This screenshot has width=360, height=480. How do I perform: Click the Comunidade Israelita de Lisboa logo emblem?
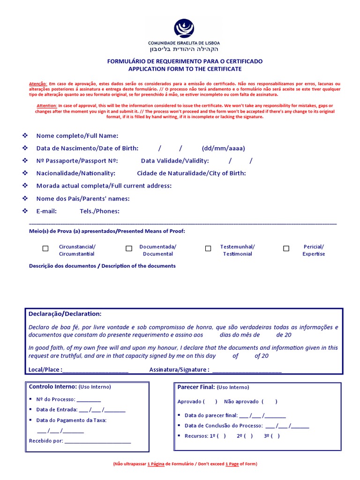[x=184, y=28]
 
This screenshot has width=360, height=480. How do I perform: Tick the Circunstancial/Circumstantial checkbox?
[x=45, y=248]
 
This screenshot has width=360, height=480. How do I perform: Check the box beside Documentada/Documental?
[x=129, y=248]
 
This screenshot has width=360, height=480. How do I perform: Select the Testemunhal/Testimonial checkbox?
[x=208, y=248]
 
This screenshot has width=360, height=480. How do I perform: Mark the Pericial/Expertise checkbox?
[x=286, y=248]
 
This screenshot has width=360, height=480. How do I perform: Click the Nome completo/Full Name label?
[x=77, y=136]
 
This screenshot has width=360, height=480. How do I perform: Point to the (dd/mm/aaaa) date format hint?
[x=223, y=149]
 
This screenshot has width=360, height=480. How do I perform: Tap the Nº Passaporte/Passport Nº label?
[x=77, y=161]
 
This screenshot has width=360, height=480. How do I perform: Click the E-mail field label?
[x=46, y=211]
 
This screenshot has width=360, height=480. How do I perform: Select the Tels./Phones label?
[x=99, y=211]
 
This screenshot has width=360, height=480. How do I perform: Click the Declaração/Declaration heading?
[x=65, y=314]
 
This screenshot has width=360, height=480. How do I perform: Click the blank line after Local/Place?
[x=95, y=370]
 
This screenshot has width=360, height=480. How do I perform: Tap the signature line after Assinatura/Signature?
[x=247, y=370]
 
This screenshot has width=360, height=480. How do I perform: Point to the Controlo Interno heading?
[x=52, y=387]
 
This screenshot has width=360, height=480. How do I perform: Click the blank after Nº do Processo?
[x=89, y=400]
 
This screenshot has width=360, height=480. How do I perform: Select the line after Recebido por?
[x=97, y=442]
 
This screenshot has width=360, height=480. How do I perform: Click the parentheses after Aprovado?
[x=210, y=402]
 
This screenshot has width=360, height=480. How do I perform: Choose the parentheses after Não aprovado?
[x=270, y=402]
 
